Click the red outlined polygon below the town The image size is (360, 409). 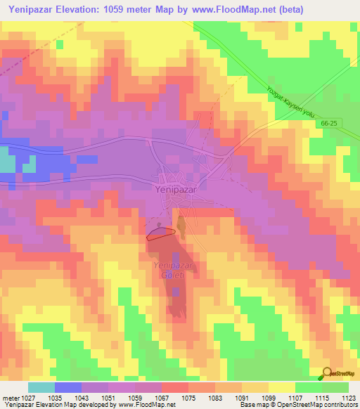point(160,234)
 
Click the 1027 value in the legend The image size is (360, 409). point(28,398)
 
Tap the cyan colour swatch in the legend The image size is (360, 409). point(41,387)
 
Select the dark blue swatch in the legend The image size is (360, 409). point(68,387)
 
